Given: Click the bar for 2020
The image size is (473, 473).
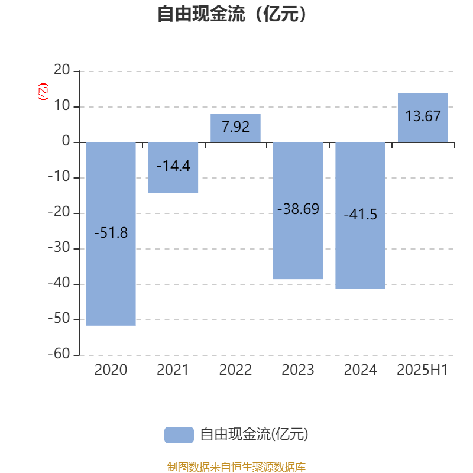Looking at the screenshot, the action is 111,234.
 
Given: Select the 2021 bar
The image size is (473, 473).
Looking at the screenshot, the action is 173,167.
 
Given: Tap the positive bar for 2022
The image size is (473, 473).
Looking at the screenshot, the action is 235,128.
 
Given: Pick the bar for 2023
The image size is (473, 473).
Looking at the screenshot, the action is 298,210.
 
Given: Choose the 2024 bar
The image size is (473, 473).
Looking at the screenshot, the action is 361,215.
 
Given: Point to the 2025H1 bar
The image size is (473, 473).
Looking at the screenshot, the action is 423,118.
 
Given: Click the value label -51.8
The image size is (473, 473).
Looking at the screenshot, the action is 111,233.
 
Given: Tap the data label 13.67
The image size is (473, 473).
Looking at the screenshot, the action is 423,116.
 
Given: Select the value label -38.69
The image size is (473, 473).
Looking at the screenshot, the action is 298,209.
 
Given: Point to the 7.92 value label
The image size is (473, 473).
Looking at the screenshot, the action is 235,127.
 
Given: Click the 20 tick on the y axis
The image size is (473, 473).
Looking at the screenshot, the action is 62,70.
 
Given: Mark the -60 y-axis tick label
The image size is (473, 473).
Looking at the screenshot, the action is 59,354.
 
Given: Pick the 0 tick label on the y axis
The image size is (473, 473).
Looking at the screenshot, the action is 66,141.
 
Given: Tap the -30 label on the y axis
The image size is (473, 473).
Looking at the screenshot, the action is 59,247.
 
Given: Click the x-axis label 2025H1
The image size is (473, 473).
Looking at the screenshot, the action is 422,370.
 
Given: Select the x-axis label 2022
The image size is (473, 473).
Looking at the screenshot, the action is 235,370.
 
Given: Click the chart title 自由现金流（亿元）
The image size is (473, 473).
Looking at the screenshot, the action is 232,14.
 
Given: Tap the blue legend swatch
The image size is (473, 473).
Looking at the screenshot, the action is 179,435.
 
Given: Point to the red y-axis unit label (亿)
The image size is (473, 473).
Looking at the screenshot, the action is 43,92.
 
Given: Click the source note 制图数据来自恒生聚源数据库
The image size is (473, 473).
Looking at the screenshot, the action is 236,466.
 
